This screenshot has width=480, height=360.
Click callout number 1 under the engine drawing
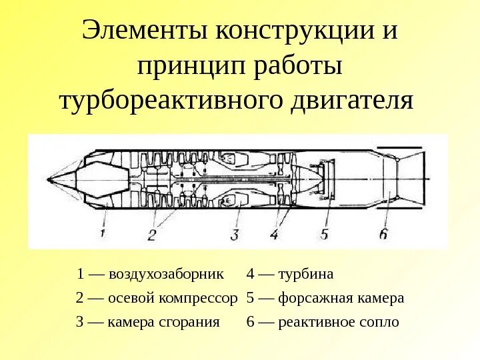[103, 233]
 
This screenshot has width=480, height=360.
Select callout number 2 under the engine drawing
[152, 234]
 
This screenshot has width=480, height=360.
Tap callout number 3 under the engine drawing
[235, 234]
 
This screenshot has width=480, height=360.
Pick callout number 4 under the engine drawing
[274, 234]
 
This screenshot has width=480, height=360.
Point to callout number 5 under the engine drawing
[325, 234]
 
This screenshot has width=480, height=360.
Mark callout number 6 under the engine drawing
[383, 233]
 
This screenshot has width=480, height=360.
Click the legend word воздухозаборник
[167, 275]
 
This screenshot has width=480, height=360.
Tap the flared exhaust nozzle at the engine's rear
[413, 177]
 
